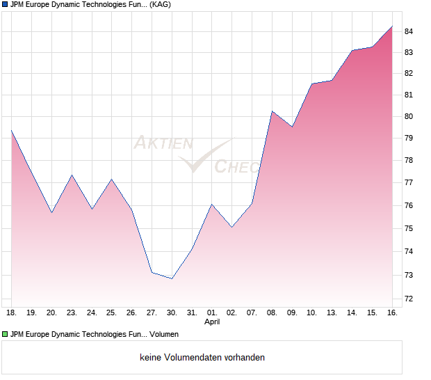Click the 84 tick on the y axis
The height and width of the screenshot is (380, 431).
click(409, 31)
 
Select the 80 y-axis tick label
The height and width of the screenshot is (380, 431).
click(409, 116)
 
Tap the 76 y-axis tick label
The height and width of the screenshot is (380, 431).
click(409, 206)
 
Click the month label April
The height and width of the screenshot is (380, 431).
click(213, 323)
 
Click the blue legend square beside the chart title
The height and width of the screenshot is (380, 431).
click(5, 5)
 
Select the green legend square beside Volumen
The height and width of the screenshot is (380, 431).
click(5, 335)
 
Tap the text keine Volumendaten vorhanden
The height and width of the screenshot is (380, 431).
click(202, 358)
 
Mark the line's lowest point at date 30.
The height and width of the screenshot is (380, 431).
click(172, 278)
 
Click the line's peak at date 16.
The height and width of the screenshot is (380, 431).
click(392, 26)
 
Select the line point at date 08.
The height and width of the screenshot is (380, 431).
click(272, 111)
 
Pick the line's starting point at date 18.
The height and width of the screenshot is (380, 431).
click(11, 130)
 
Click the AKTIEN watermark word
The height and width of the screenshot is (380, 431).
click(163, 143)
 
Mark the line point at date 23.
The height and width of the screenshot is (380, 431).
click(72, 175)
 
